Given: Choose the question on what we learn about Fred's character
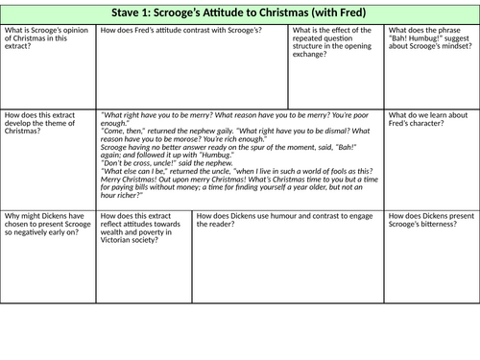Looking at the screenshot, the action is tap(428, 119).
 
